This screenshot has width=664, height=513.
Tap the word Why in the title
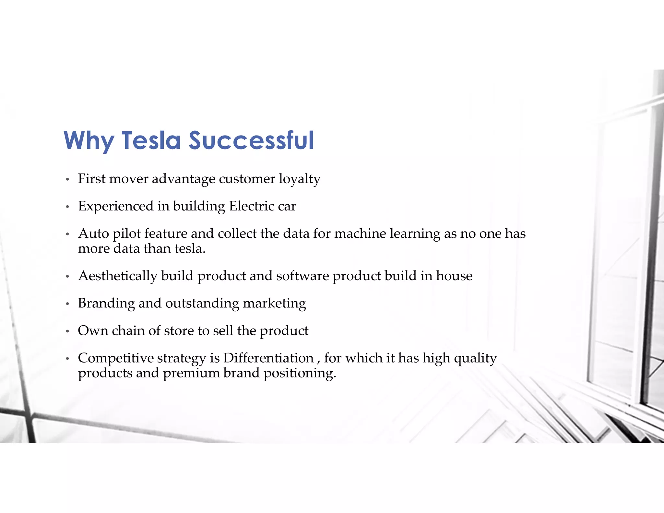tap(89, 141)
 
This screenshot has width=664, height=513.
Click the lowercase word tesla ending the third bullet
tap(190, 249)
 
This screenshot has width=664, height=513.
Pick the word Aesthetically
tap(118, 276)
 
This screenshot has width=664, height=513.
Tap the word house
tap(454, 276)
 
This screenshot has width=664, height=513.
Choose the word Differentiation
tap(268, 358)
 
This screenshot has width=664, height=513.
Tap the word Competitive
tap(116, 358)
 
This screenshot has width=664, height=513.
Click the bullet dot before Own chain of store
tap(67, 331)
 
